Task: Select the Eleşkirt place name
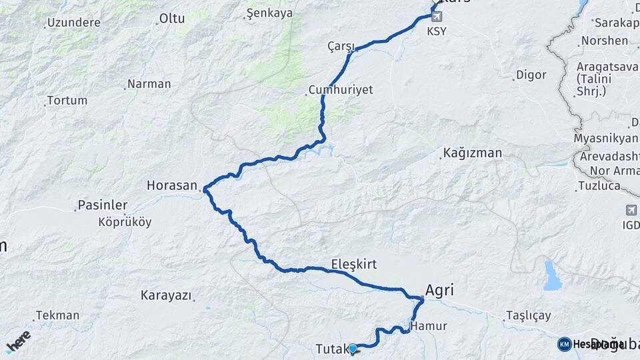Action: [353, 264]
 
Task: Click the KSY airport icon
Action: [437, 15]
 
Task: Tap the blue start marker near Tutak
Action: [353, 347]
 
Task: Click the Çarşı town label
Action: [340, 45]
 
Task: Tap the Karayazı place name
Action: [166, 295]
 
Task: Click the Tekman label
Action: [57, 315]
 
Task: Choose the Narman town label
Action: [149, 84]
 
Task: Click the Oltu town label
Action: [172, 19]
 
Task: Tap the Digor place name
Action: [531, 75]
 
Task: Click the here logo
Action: [18, 341]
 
